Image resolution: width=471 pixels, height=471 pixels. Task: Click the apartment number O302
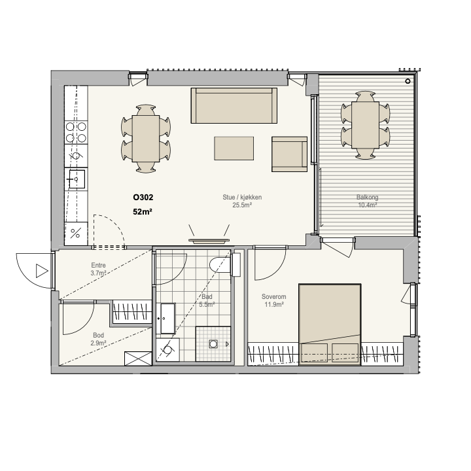tap(143, 198)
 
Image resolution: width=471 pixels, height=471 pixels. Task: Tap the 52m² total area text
tap(143, 212)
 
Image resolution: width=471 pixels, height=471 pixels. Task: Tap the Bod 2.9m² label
tap(99, 339)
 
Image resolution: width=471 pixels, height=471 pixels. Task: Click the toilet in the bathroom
tap(224, 265)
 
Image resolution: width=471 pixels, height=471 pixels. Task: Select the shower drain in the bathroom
tap(213, 343)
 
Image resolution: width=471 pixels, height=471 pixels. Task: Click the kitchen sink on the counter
tap(77, 179)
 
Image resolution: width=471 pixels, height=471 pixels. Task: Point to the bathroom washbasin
tap(167, 319)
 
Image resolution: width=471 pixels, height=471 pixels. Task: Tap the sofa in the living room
tap(234, 105)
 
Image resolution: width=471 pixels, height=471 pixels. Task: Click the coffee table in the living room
tap(234, 148)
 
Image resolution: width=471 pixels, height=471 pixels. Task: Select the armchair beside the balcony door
tap(290, 154)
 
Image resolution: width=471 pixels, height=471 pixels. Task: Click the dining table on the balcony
tap(365, 125)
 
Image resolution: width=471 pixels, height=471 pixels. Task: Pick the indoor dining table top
tap(146, 139)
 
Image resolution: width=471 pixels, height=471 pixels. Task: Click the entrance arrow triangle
tap(42, 271)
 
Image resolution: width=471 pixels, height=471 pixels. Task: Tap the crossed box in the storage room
tap(138, 358)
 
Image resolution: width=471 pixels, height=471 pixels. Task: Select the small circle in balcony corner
tap(408, 81)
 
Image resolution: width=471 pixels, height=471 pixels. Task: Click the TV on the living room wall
tap(209, 241)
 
